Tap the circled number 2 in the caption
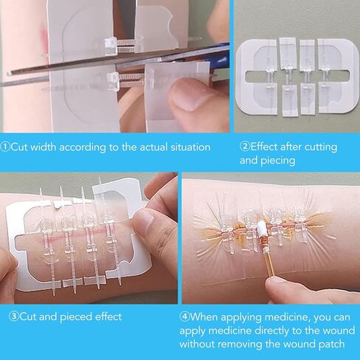pyautogui.click(x=244, y=147)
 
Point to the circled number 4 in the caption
pyautogui.click(x=185, y=317)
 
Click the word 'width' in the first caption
pyautogui.click(x=48, y=147)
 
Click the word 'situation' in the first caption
pyautogui.click(x=187, y=147)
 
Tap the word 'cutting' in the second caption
pyautogui.click(x=328, y=147)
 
